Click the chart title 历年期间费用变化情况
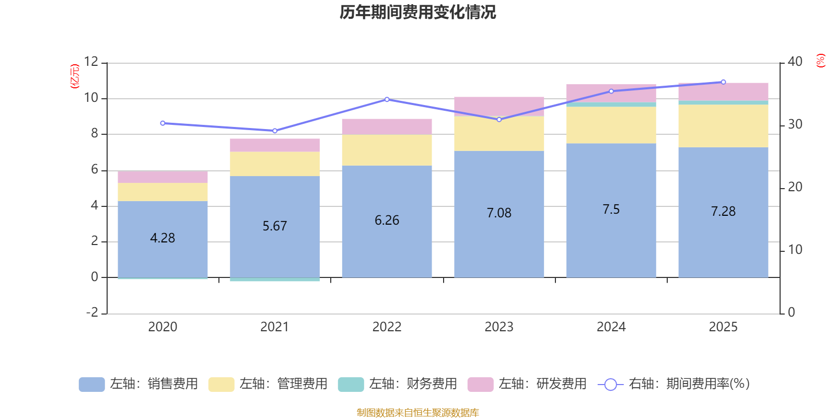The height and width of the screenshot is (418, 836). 417,12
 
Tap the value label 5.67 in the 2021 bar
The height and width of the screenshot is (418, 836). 274,226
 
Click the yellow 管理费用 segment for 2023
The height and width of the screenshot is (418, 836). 499,134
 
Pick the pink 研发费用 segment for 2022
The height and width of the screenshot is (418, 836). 387,126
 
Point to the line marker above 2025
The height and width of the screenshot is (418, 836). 723,82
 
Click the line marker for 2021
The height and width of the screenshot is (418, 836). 275,131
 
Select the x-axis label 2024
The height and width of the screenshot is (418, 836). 611,327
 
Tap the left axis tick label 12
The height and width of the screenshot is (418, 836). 91,62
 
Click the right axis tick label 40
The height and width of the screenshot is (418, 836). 795,62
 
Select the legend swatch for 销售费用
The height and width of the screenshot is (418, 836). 91,385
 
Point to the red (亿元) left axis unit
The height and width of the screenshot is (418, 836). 75,76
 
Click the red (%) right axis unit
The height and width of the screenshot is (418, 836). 821,61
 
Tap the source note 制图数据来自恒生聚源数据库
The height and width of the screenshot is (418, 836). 417,413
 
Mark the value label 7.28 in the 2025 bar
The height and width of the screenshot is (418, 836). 723,212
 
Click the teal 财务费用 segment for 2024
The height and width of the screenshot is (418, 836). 611,104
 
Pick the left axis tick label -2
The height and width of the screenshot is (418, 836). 92,312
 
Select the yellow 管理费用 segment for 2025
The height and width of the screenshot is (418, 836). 723,126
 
